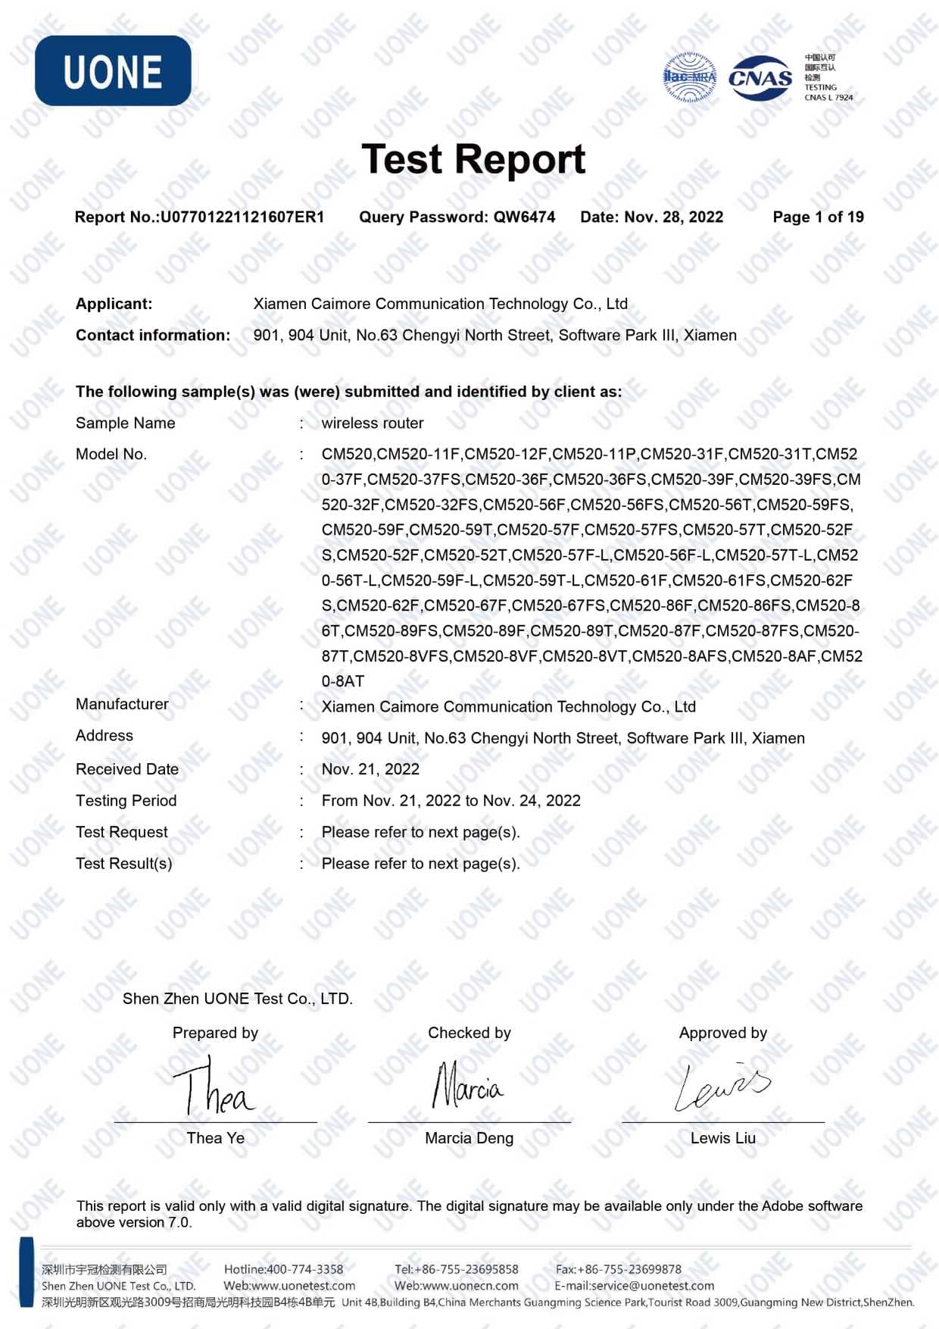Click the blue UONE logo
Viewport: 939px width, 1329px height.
click(x=113, y=70)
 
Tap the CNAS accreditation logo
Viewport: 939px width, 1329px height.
click(x=760, y=77)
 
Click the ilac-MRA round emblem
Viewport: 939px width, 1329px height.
click(x=690, y=77)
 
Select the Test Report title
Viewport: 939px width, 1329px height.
click(x=473, y=159)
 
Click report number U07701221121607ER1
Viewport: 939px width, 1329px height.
click(x=242, y=217)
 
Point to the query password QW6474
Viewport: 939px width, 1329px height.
click(x=524, y=217)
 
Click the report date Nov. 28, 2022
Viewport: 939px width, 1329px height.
click(x=673, y=217)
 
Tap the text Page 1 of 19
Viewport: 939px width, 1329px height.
click(x=818, y=217)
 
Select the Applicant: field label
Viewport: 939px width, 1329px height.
click(x=114, y=304)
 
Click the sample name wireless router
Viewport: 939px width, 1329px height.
click(x=372, y=424)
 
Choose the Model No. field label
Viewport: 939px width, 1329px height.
click(x=111, y=455)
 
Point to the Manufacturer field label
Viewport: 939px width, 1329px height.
click(x=122, y=705)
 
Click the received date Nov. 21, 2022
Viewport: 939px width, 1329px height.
click(x=370, y=770)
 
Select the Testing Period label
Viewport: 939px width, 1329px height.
click(x=126, y=801)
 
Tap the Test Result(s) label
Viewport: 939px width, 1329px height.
click(x=123, y=864)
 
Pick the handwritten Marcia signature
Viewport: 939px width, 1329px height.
click(x=467, y=1086)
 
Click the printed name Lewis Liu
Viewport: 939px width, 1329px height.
click(x=722, y=1138)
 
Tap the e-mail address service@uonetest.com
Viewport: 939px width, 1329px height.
click(x=653, y=1286)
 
